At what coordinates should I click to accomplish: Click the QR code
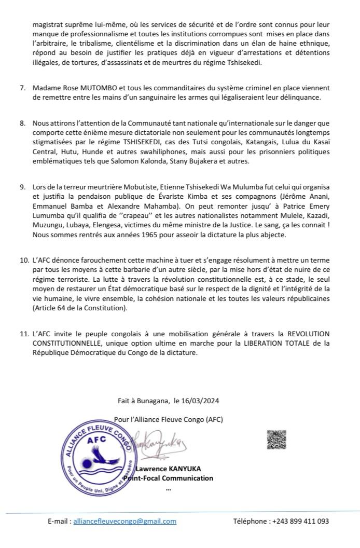click(x=276, y=440)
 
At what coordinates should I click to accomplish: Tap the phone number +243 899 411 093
click(x=300, y=522)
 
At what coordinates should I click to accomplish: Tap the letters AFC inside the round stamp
click(x=96, y=439)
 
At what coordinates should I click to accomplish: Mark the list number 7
click(x=23, y=88)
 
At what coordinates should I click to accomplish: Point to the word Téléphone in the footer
click(x=251, y=522)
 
